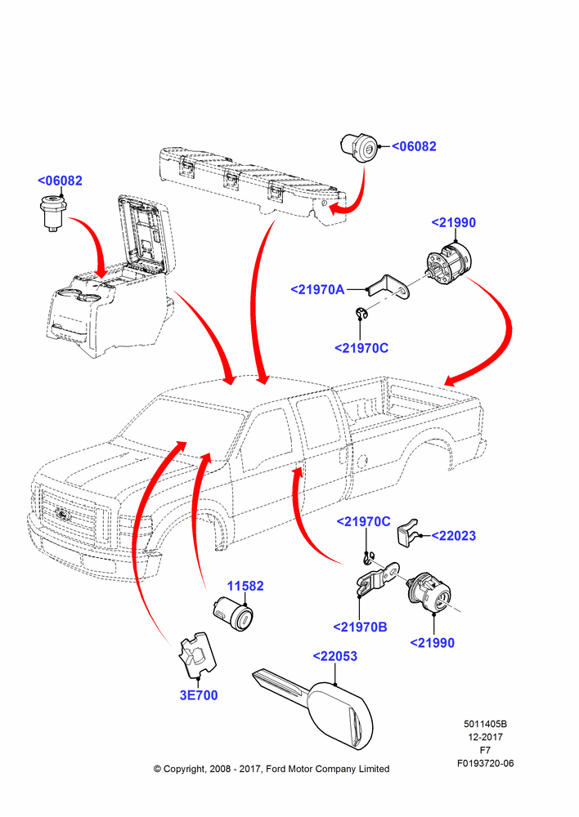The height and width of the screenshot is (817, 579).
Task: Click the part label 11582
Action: pyautogui.click(x=245, y=586)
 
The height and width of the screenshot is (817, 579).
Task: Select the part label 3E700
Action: pyautogui.click(x=199, y=695)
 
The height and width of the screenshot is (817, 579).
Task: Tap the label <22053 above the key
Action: pyautogui.click(x=334, y=656)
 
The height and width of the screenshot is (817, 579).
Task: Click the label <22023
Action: pyautogui.click(x=454, y=536)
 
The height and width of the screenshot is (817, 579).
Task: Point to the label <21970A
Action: pyautogui.click(x=317, y=290)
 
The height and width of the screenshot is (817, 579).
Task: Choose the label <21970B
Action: pyautogui.click(x=361, y=627)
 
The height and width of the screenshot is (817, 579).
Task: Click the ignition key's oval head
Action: pyautogui.click(x=342, y=715)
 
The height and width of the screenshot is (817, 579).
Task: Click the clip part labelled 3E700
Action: pyautogui.click(x=197, y=654)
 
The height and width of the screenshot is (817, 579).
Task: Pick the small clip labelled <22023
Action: pyautogui.click(x=409, y=533)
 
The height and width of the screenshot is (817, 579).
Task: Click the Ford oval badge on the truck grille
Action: pyautogui.click(x=64, y=515)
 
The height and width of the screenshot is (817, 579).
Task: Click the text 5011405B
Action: pyautogui.click(x=485, y=724)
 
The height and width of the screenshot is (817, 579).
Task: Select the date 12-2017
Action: pyautogui.click(x=485, y=737)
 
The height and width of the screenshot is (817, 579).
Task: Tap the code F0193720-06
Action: pyautogui.click(x=485, y=763)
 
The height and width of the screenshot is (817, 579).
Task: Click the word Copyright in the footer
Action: pyautogui.click(x=184, y=769)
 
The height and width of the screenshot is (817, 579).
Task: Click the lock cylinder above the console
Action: pyautogui.click(x=52, y=212)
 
